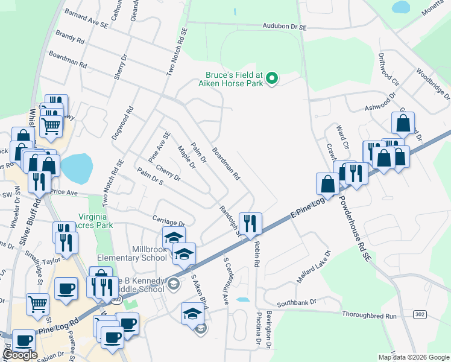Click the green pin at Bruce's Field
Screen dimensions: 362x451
click(272, 77)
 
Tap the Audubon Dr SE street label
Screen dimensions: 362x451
click(285, 27)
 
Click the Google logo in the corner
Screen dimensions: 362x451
click(19, 354)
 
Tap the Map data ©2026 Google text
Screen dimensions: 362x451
click(414, 357)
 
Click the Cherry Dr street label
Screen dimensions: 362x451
click(168, 173)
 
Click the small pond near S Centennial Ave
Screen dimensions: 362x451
click(242, 299)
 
